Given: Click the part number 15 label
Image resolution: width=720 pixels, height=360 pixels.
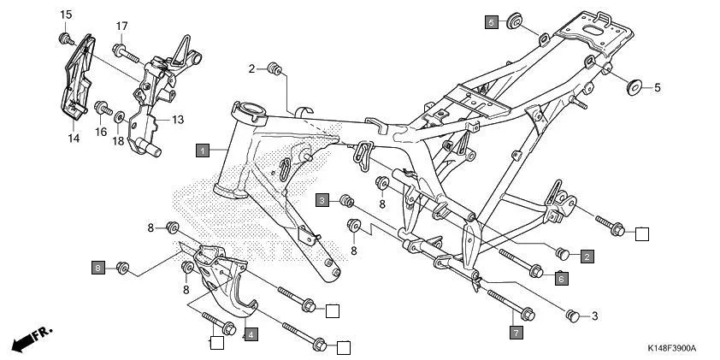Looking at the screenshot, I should pos(66,15).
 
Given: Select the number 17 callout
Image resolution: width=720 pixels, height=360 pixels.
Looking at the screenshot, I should pos(121,26).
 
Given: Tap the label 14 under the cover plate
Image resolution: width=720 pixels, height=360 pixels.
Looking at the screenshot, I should pos(73,137).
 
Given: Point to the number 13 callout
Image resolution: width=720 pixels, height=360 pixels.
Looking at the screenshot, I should pos(178,120).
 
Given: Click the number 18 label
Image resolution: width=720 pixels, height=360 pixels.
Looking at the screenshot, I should pos(118,140).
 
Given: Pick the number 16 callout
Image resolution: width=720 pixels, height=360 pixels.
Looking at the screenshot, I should pos(101,132).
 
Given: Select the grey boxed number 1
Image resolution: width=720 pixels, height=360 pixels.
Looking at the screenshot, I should pos(202,150).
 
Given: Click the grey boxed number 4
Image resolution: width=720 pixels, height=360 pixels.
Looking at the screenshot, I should pos(251,334).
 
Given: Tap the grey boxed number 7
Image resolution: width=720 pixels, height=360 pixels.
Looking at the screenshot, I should pos(515,330).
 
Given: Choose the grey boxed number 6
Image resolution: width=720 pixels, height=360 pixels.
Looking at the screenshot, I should pos(560,278).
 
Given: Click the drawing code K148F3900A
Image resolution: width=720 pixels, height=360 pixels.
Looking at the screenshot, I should pos(671,349).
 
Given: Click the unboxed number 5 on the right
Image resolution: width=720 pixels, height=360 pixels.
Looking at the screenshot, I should pos(657,87).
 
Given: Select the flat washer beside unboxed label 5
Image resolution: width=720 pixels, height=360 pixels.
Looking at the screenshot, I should pos(634,86).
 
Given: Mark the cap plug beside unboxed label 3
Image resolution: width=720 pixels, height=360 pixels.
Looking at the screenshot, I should pos(574,316).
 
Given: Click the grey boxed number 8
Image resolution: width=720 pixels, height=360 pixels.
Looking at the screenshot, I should pos(99,268).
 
